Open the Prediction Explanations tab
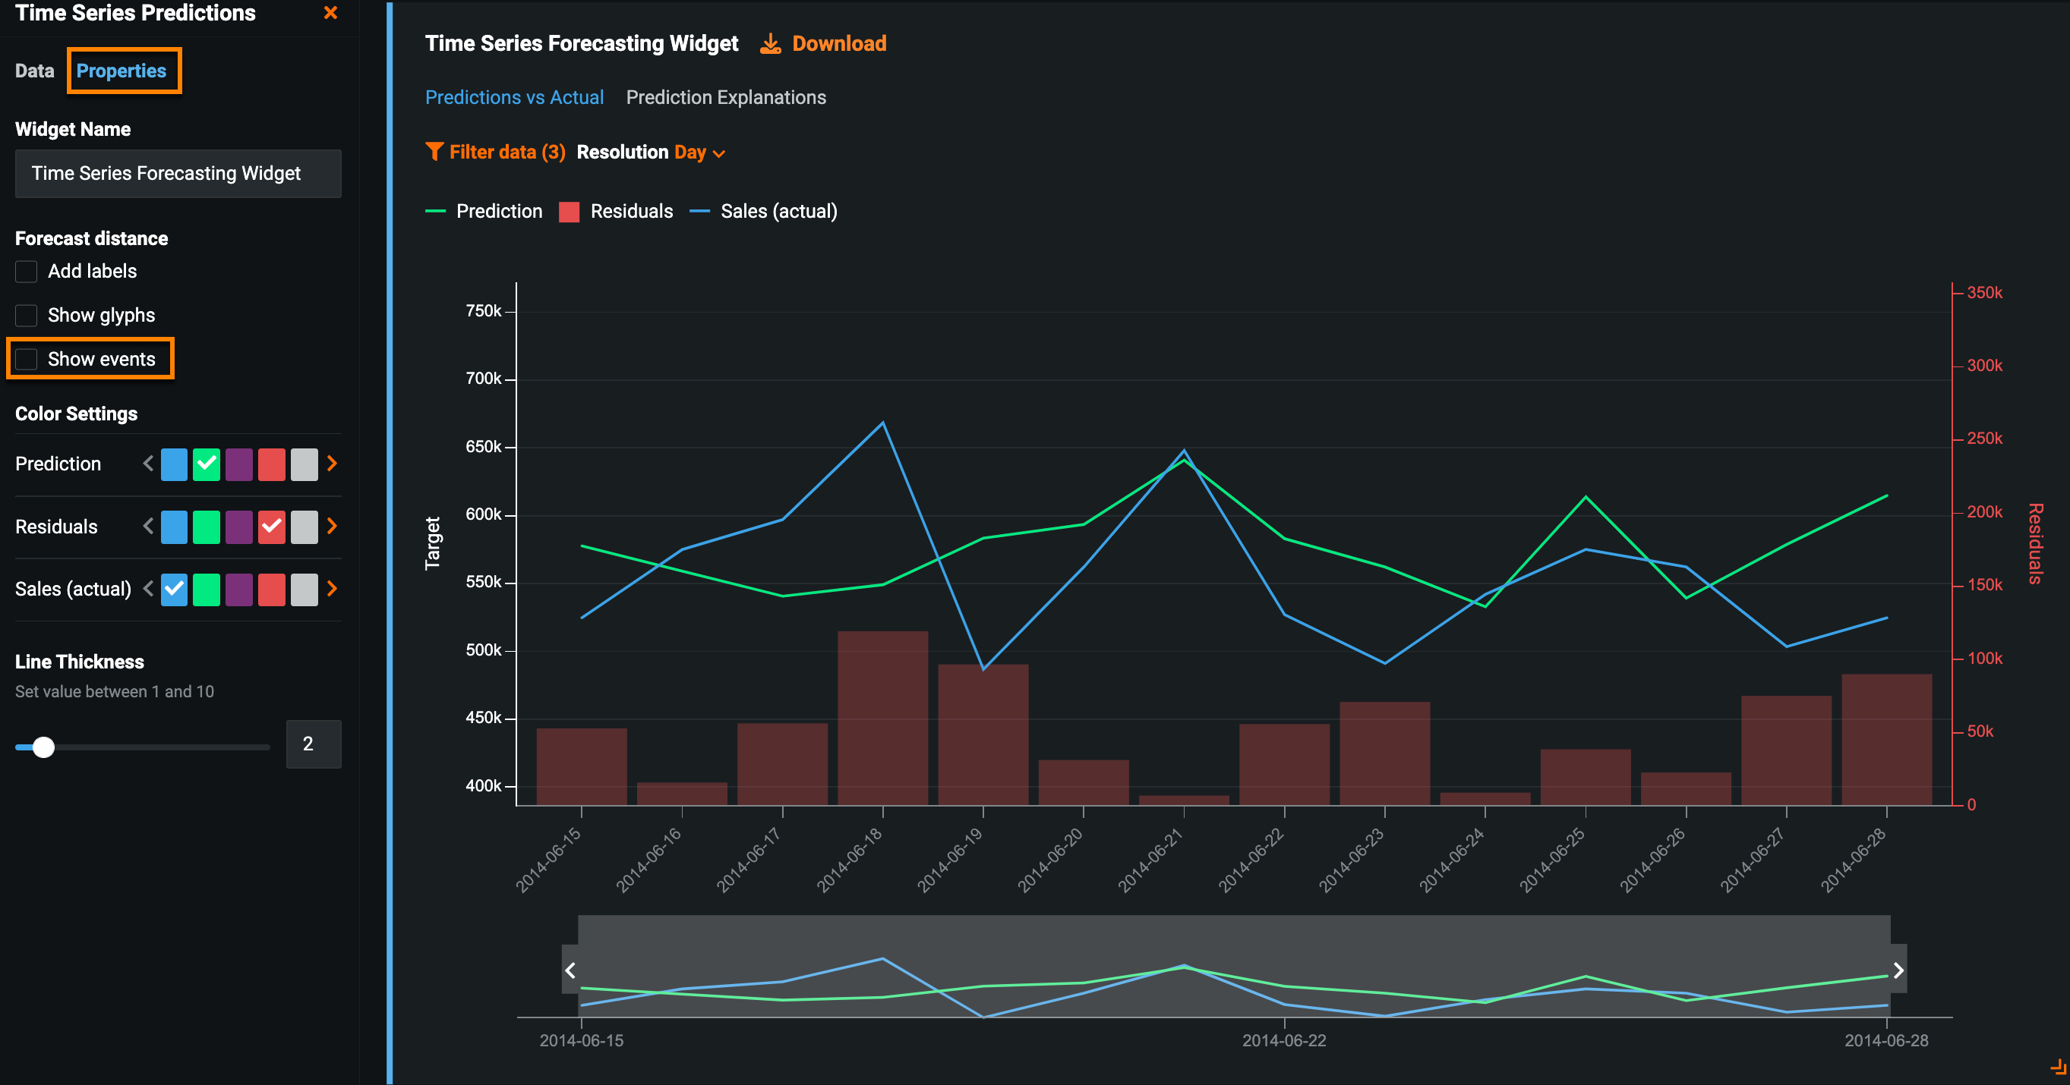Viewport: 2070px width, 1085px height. click(726, 97)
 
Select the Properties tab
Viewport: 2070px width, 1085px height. click(121, 71)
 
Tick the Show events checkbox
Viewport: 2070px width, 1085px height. click(27, 359)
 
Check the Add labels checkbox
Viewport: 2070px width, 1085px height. click(27, 272)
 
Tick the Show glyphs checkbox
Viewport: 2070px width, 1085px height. click(27, 316)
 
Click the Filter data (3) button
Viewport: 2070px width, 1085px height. click(495, 153)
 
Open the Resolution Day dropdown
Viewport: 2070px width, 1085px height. click(698, 153)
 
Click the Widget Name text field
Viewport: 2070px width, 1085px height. click(178, 174)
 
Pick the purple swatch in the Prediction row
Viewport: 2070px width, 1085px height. click(238, 464)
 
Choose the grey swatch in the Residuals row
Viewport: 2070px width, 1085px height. click(304, 527)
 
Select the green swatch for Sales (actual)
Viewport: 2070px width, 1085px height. click(207, 590)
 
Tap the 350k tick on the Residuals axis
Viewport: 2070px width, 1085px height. click(1983, 293)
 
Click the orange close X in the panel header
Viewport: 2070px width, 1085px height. click(330, 13)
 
